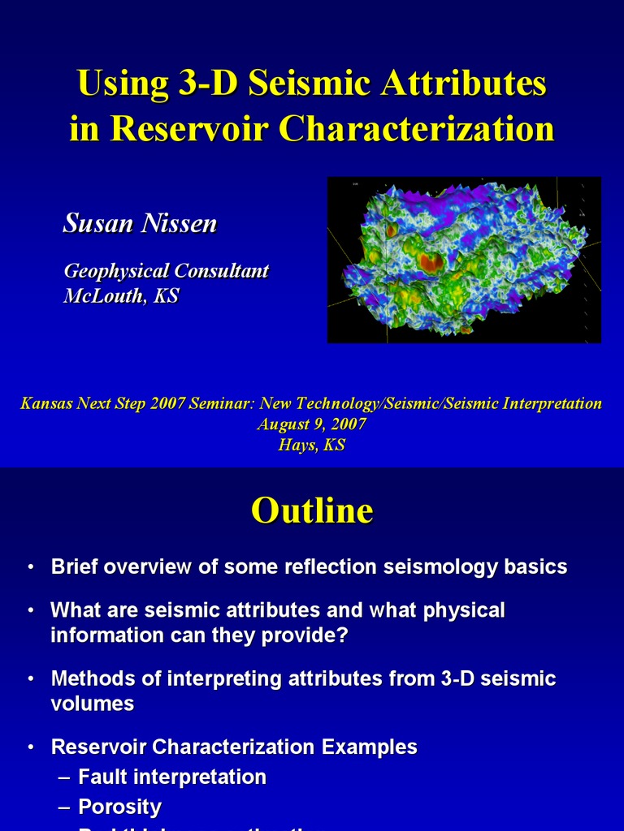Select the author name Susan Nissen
[140, 224]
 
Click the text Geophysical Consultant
[166, 271]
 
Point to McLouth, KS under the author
[121, 296]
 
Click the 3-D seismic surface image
[464, 259]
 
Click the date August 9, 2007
[312, 424]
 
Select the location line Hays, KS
[312, 446]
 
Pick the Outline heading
[312, 510]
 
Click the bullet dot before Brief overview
[30, 567]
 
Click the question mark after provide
[342, 635]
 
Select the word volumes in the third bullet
[92, 704]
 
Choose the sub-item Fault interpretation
[172, 777]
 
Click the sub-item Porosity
[120, 807]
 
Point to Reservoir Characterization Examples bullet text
[234, 747]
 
